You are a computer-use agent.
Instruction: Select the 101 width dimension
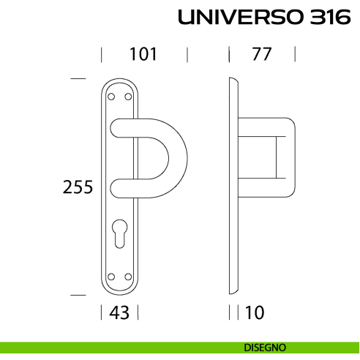(144, 54)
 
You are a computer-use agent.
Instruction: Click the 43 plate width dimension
(119, 312)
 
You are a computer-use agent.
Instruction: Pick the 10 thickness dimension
(255, 312)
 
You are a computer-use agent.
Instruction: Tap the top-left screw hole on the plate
(111, 96)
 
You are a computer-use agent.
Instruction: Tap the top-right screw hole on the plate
(129, 96)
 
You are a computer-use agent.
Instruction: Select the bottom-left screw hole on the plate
(111, 276)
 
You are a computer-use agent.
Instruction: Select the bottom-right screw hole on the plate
(129, 276)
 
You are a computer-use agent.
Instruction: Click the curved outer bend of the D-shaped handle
(180, 157)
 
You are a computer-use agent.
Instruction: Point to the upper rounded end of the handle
(117, 130)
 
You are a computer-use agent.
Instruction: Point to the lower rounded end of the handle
(117, 185)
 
